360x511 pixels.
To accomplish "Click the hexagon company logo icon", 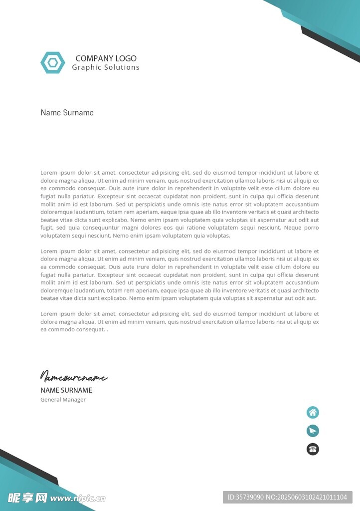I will click(52, 63).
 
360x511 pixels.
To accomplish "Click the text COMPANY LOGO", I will click(106, 58).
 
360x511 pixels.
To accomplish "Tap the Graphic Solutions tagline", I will click(106, 67).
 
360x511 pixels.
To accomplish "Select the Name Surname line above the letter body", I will click(67, 113).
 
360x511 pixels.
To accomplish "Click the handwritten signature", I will click(73, 376).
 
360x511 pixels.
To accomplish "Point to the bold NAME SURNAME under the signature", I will click(66, 390).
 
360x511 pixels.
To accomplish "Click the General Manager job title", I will click(63, 400).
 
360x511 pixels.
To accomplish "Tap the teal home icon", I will click(313, 413).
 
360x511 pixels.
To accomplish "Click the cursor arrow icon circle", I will click(313, 431).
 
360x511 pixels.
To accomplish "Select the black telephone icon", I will click(313, 449).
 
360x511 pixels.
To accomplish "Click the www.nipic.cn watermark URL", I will click(78, 498).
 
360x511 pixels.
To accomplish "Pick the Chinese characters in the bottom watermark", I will click(27, 498).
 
